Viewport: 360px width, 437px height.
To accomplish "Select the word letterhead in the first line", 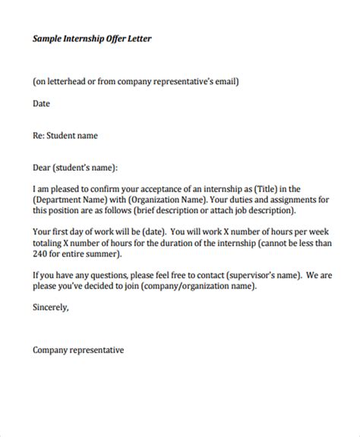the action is [74, 81].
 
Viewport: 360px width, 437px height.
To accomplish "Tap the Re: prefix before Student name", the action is [40, 137].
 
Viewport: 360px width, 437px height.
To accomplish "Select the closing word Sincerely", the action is [52, 308].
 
